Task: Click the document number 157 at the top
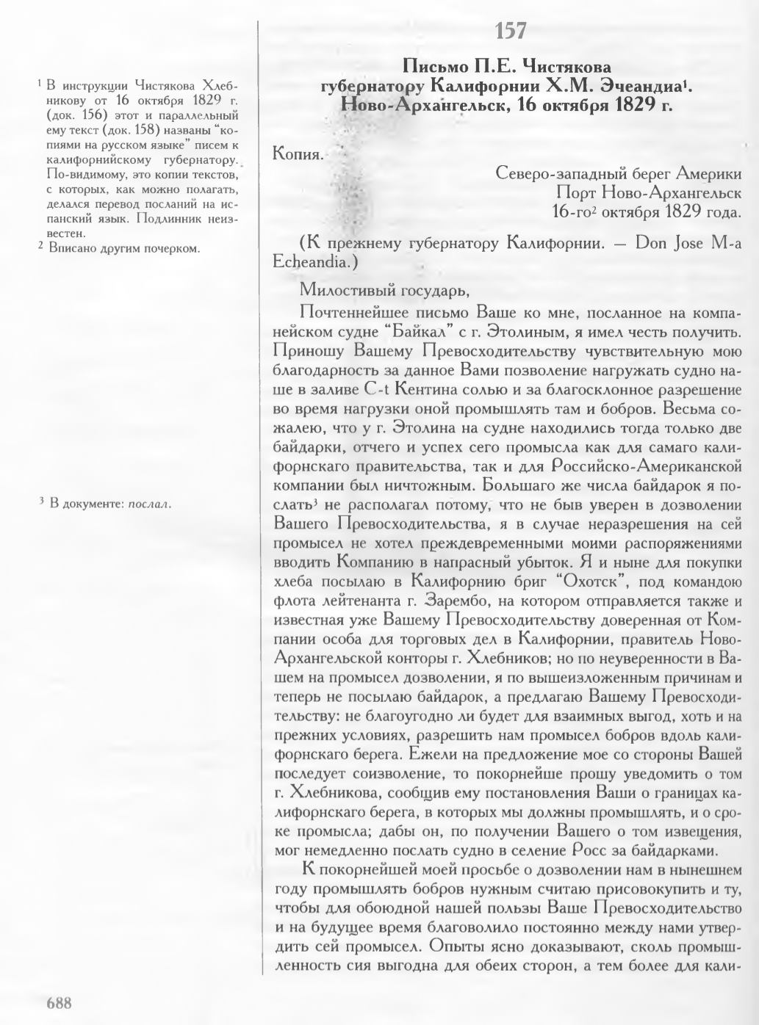511,32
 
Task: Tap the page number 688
59,1003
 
